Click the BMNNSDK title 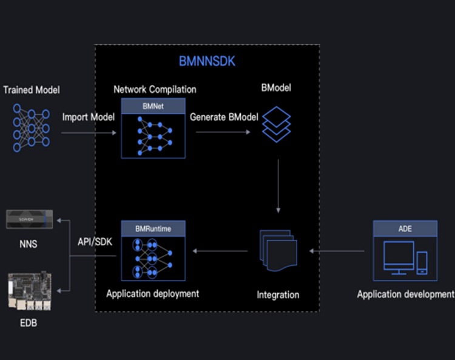pos(206,61)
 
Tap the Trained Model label pos(32,90)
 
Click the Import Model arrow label pos(89,117)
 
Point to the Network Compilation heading pos(155,89)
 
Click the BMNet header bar pos(153,106)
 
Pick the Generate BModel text pos(224,117)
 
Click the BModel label pos(276,88)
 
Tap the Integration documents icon pos(278,250)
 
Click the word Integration pos(278,295)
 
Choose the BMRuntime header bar pos(153,229)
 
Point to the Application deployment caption pos(153,294)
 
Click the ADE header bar pos(405,229)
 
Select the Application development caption pos(405,294)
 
